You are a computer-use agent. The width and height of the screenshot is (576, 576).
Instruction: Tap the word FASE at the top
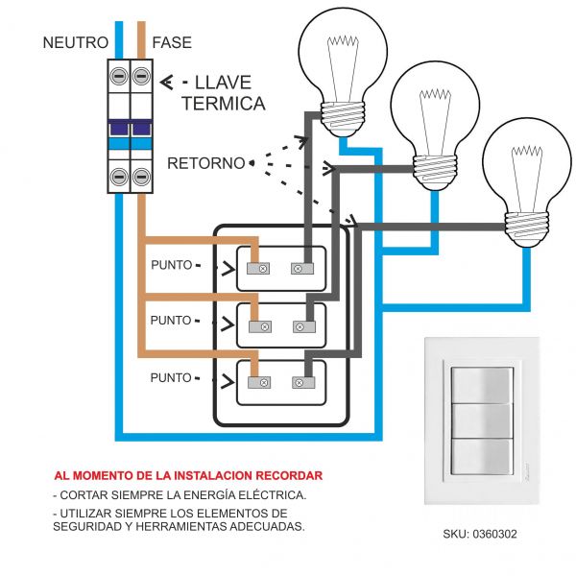coord(172,43)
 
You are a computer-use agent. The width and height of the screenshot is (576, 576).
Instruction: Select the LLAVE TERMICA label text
coord(223,93)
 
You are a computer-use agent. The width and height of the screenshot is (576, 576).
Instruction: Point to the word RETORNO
coord(205,163)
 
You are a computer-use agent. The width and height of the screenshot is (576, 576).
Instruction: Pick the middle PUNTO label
coord(172,322)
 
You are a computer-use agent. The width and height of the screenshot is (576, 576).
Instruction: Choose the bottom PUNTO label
coord(172,378)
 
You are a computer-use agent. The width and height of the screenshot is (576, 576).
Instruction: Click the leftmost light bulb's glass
coord(343,58)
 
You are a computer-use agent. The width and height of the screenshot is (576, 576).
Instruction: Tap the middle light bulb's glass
coord(435,106)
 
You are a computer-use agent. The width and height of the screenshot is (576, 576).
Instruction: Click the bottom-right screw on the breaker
coord(142,176)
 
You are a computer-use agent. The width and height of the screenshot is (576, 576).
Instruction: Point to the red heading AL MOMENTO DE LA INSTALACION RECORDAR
coord(188,475)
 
